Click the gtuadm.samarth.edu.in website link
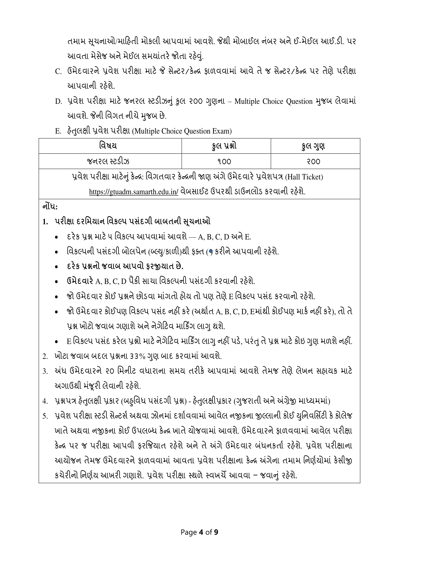click(134, 192)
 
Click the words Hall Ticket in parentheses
click(304, 177)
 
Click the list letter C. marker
click(58, 71)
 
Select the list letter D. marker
click(58, 101)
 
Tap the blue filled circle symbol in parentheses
click(211, 252)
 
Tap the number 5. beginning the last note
click(45, 416)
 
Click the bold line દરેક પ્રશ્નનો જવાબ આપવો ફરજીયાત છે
click(125, 266)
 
